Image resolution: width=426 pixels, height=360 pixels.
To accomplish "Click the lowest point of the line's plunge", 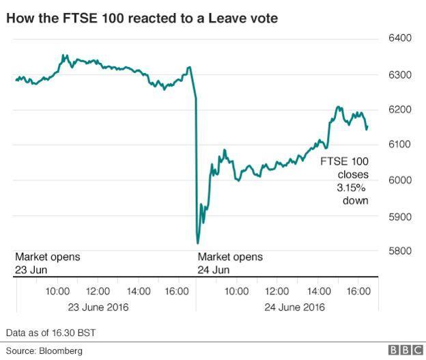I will click(197, 243).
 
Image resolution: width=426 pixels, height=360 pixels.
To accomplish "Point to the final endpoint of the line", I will click(367, 128).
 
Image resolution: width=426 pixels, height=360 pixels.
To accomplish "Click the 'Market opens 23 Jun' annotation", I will click(48, 263).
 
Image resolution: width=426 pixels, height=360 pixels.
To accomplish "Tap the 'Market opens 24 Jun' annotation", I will click(230, 263).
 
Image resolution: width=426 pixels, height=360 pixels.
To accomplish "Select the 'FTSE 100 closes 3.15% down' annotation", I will click(345, 180).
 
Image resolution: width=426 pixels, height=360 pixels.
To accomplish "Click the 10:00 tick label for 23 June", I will click(57, 292).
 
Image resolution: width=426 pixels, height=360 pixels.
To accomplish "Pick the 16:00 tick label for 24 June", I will click(358, 292).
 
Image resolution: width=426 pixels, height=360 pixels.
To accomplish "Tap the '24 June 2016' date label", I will click(294, 307).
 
